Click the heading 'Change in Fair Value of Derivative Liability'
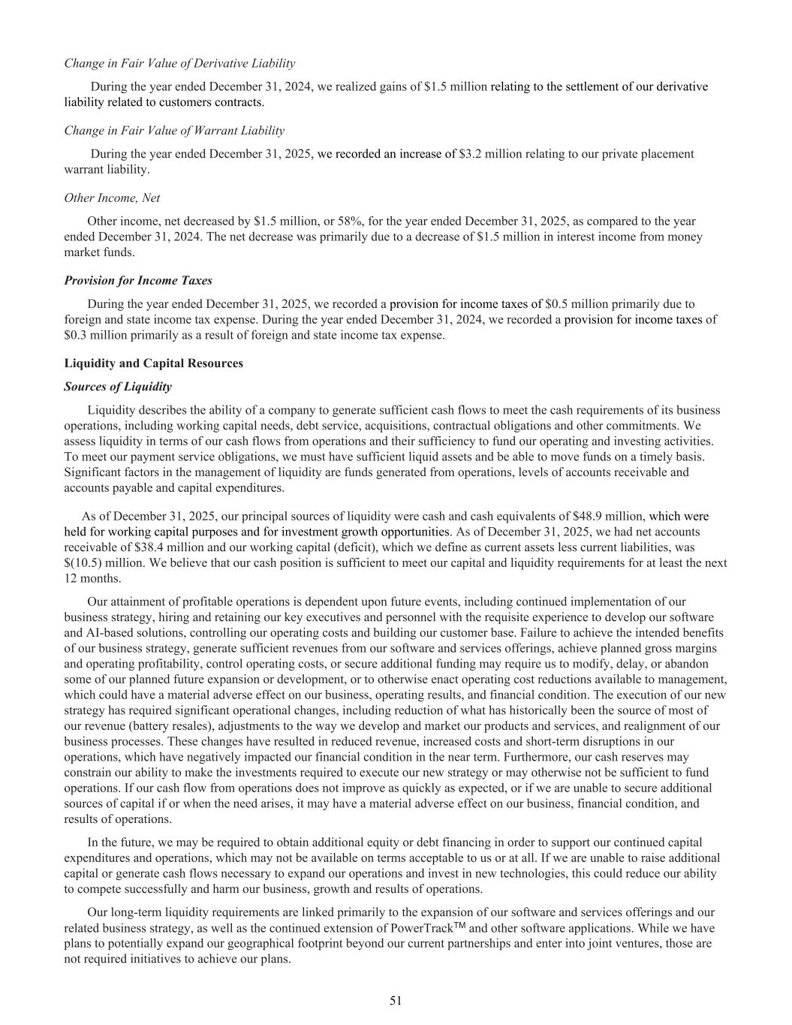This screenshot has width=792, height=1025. [x=179, y=63]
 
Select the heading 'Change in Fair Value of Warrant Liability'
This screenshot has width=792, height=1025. [x=174, y=131]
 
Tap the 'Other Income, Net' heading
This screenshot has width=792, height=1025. [x=112, y=198]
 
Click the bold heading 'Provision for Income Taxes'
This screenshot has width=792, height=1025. [x=138, y=281]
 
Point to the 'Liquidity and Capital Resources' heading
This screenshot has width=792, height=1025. [x=154, y=363]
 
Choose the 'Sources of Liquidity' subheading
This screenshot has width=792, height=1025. [x=118, y=387]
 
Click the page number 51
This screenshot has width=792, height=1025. [x=396, y=1000]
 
